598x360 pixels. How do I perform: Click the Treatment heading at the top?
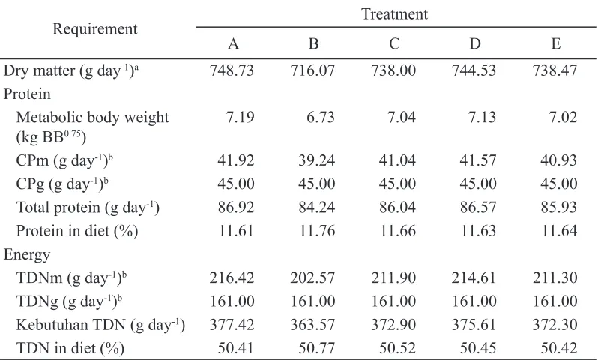(394, 14)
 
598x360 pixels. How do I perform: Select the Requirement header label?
(94, 29)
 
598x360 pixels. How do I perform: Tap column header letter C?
(394, 44)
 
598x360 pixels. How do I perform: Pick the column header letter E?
(556, 44)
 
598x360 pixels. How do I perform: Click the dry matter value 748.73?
(232, 70)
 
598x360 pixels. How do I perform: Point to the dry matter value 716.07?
(312, 70)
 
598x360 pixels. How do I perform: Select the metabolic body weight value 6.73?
(321, 117)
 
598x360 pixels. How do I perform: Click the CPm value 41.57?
(478, 160)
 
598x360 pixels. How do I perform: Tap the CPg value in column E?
(559, 184)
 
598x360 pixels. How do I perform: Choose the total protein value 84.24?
(316, 207)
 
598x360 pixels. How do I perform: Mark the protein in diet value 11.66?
(398, 231)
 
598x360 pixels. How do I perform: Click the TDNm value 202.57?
(312, 277)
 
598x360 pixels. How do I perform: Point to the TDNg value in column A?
(232, 301)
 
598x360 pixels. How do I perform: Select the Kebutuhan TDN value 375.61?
(474, 325)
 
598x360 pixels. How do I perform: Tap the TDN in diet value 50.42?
(559, 348)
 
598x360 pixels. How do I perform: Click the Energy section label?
(27, 255)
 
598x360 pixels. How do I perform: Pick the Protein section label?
(27, 94)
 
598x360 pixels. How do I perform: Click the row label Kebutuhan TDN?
(71, 325)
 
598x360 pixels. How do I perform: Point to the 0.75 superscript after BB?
(73, 134)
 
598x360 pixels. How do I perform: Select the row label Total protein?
(58, 207)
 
